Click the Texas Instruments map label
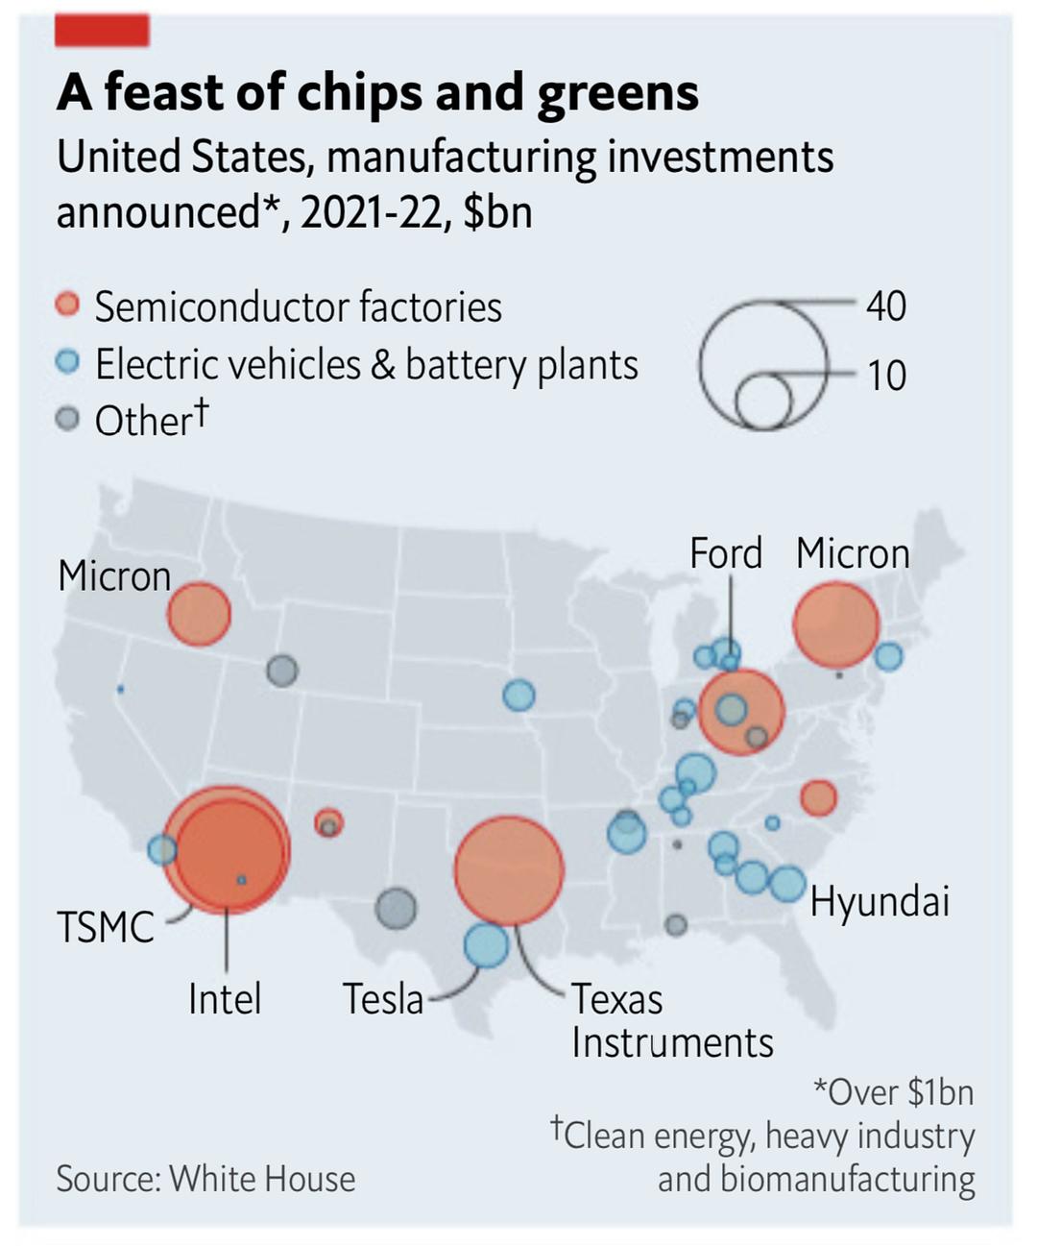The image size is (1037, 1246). pos(672,1020)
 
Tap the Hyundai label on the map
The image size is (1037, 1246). pos(880,901)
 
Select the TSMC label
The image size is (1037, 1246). pos(105,928)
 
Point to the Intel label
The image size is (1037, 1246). pos(225,999)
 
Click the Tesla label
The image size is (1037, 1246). pos(383,999)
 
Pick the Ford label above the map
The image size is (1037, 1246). pos(726,553)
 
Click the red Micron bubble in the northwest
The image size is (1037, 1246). pos(200,614)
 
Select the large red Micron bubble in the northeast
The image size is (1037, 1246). pos(835,625)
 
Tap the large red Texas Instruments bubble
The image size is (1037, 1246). pos(508,869)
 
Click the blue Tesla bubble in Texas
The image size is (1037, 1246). pos(486,944)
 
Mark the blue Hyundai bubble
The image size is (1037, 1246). pos(787,883)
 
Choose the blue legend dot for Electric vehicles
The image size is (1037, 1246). pos(67,363)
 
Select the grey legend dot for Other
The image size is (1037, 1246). pos(67,420)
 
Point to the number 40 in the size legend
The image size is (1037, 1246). pos(885,305)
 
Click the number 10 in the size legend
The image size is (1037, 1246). pos(885,375)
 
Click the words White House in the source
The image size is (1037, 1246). pos(262,1179)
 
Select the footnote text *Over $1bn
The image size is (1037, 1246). pos(893,1092)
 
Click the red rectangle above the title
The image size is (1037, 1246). pos(102,31)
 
